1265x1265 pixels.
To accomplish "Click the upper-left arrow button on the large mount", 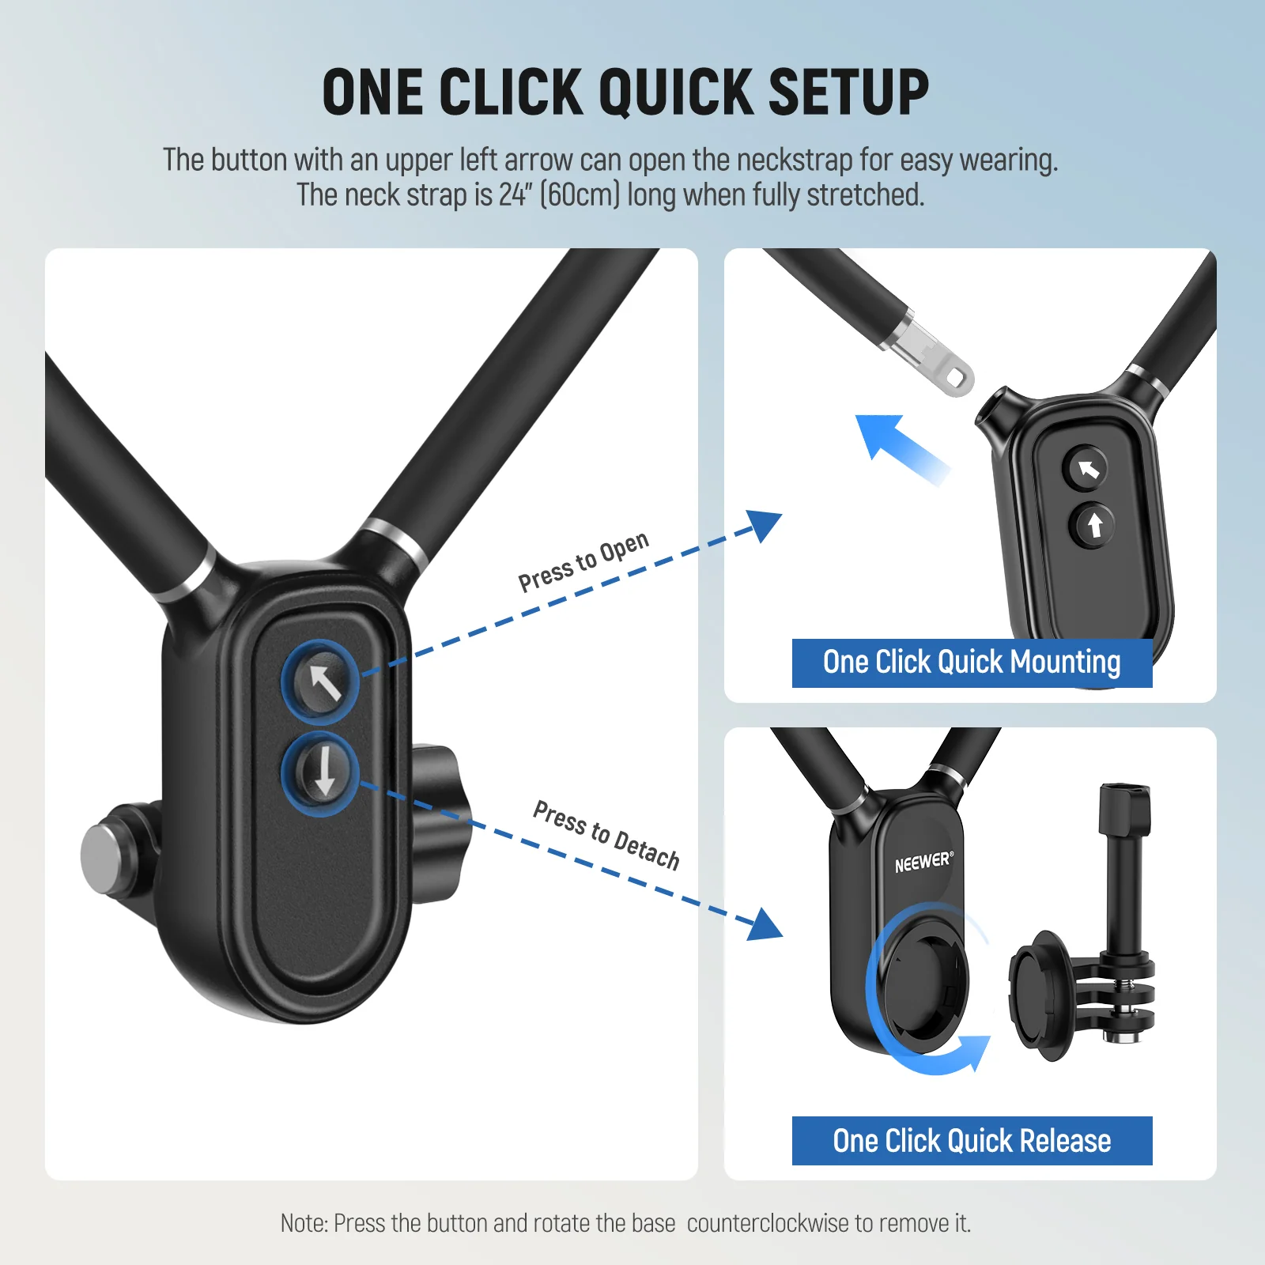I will (x=321, y=682).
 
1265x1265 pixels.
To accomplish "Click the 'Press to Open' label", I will (x=583, y=561).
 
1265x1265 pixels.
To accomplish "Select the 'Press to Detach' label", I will (x=606, y=834).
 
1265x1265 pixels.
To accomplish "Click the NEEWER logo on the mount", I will (x=923, y=862).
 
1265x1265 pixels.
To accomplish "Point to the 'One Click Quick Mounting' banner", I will (x=972, y=663).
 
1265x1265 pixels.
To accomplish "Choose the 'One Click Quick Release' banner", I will (x=972, y=1141).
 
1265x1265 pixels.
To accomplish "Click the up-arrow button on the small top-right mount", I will (x=1094, y=524).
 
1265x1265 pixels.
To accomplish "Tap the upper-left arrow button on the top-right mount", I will (x=1088, y=469).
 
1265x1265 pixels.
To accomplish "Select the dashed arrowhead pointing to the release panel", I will (x=765, y=925).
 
